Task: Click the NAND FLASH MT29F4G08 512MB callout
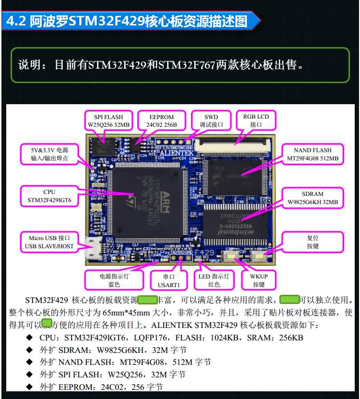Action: [x=312, y=154]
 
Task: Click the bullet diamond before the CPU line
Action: [x=29, y=338]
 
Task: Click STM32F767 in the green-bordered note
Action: [x=188, y=64]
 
